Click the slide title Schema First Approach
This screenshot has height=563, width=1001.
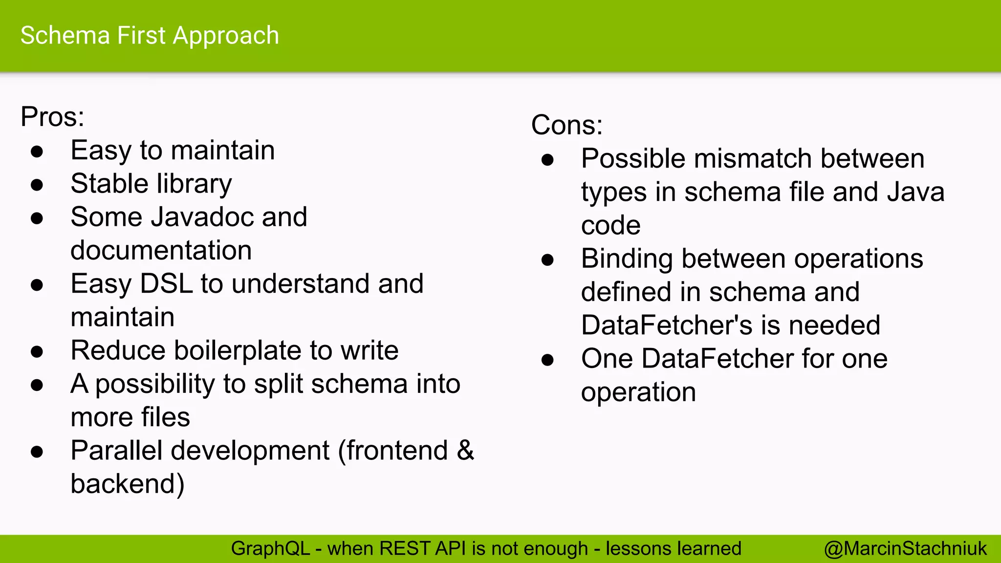tap(150, 36)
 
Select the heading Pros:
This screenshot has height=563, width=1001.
tap(52, 117)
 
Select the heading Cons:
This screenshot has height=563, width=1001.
tap(566, 125)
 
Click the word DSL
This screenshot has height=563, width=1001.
tap(166, 284)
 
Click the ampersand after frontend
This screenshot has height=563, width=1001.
tap(465, 450)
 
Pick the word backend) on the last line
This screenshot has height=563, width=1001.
tap(128, 484)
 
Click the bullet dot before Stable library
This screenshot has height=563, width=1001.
tap(37, 185)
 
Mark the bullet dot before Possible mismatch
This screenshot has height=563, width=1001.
tap(547, 160)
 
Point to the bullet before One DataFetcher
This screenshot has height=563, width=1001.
tap(547, 360)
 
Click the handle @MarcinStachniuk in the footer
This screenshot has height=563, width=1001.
tap(905, 549)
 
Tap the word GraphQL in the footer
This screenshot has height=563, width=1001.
tap(270, 549)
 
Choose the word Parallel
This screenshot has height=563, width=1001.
tap(116, 450)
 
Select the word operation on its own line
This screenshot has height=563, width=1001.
tap(638, 392)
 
